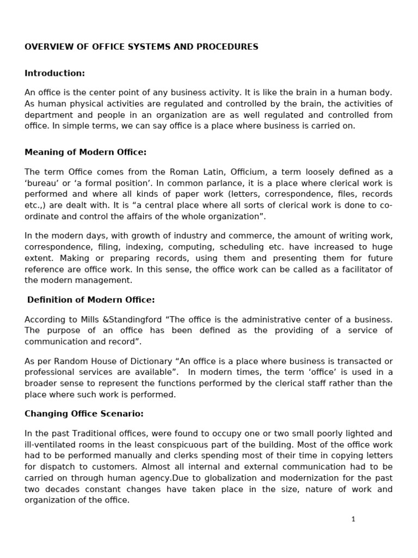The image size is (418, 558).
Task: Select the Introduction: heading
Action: pos(54,73)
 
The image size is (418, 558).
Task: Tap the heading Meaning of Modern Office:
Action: pos(85,152)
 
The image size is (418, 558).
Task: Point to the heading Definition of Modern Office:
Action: pos(91,300)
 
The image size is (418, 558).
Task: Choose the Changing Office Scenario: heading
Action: pos(84,414)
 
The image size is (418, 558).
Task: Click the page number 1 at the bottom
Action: pos(353,519)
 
